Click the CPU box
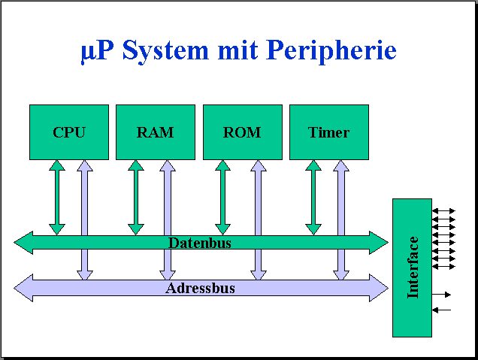click(x=68, y=132)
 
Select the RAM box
click(x=155, y=132)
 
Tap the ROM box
click(x=242, y=132)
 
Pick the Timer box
click(x=328, y=132)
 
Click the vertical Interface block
click(x=412, y=268)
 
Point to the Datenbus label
click(x=199, y=243)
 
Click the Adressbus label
click(x=200, y=288)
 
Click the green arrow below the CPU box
click(x=57, y=197)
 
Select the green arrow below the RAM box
click(x=136, y=197)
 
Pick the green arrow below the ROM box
click(x=222, y=197)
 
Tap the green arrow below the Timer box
click(x=313, y=197)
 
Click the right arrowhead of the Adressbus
click(x=379, y=288)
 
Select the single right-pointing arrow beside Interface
click(x=443, y=294)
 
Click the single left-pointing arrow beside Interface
click(x=442, y=309)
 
